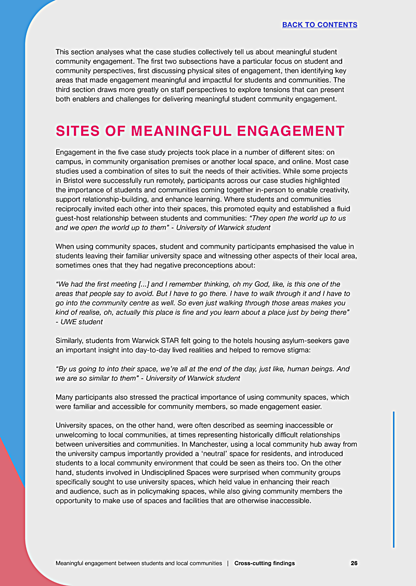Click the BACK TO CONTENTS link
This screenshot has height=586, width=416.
click(319, 24)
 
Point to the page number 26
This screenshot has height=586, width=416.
click(354, 563)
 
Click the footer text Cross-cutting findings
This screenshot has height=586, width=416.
click(264, 563)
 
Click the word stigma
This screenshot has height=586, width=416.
click(295, 350)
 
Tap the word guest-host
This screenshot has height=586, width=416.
click(74, 218)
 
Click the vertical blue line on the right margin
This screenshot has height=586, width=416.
click(394, 478)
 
